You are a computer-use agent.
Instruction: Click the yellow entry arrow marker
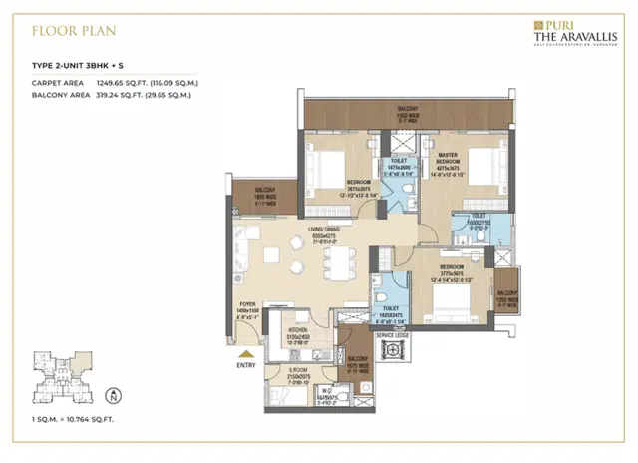pos(243,352)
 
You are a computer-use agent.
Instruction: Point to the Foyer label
pos(246,306)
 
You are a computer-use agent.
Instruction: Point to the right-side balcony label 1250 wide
pos(507,292)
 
